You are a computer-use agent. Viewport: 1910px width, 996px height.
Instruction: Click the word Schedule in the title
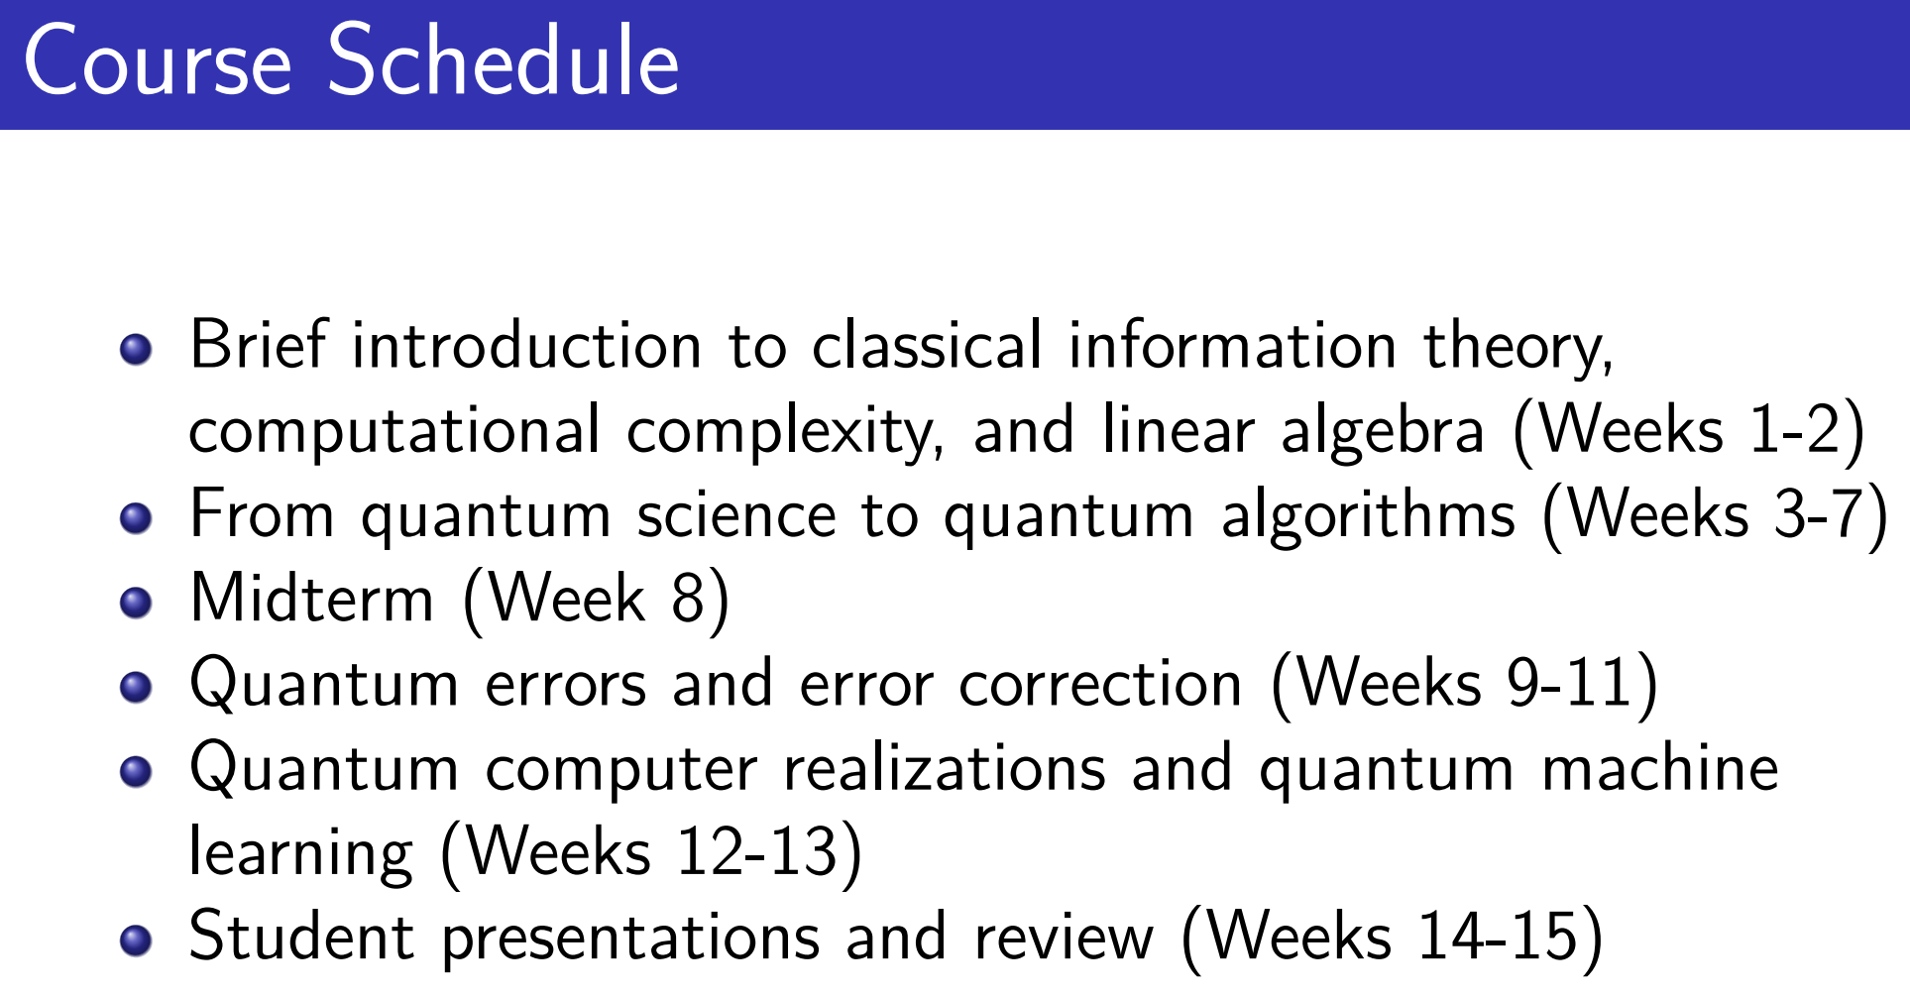pos(504,60)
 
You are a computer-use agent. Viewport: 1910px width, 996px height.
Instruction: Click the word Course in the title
pos(158,62)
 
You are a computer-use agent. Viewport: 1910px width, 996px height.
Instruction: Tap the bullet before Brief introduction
pos(136,350)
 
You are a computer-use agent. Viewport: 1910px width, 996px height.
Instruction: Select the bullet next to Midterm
pos(136,603)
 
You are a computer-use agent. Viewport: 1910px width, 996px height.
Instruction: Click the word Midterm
pos(312,598)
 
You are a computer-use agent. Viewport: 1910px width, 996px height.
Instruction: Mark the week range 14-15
pos(1499,937)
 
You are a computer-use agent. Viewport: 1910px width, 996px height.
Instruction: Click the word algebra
pos(1383,432)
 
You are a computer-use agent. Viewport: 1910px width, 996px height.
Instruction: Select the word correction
pos(1100,684)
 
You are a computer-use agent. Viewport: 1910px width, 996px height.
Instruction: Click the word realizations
pos(945,768)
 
